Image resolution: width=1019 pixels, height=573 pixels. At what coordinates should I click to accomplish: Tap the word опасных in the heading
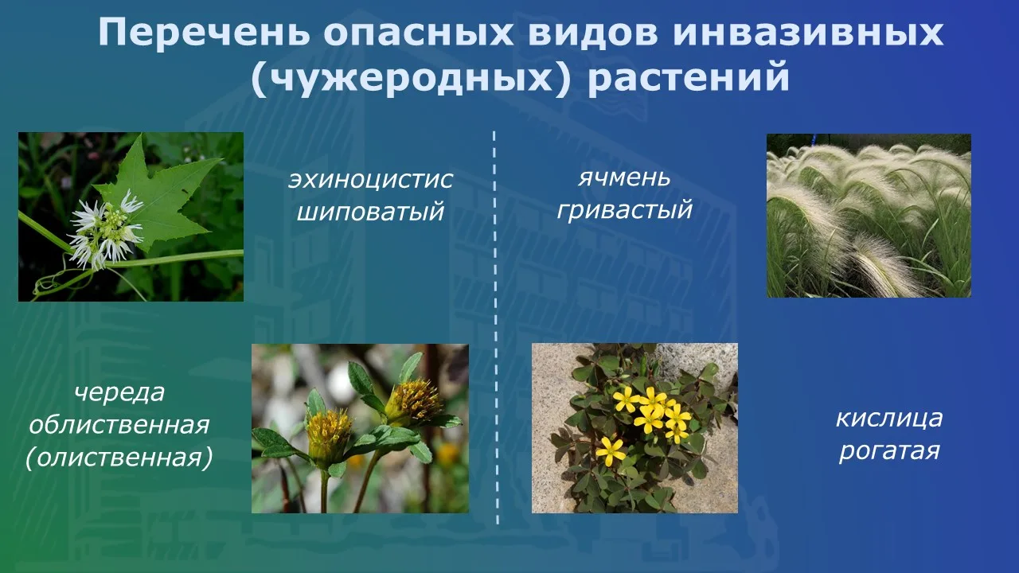click(419, 33)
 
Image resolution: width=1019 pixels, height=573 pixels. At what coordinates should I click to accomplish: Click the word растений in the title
click(689, 78)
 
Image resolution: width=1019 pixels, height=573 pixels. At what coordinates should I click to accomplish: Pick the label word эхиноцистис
click(370, 180)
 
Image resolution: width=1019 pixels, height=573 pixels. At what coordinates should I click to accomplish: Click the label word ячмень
click(624, 177)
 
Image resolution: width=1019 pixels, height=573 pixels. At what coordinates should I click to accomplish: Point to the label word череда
click(119, 392)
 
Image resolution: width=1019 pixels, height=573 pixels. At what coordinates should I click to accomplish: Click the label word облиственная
click(119, 425)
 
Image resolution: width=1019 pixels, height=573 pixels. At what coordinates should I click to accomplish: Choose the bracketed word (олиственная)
click(119, 458)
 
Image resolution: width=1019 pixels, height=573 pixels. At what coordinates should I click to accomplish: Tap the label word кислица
click(889, 419)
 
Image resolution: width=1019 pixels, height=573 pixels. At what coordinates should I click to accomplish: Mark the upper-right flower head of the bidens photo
click(414, 400)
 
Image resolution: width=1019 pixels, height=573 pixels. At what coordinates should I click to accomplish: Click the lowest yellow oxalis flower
click(611, 451)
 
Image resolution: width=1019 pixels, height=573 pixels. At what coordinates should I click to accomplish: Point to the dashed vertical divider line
click(496, 327)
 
